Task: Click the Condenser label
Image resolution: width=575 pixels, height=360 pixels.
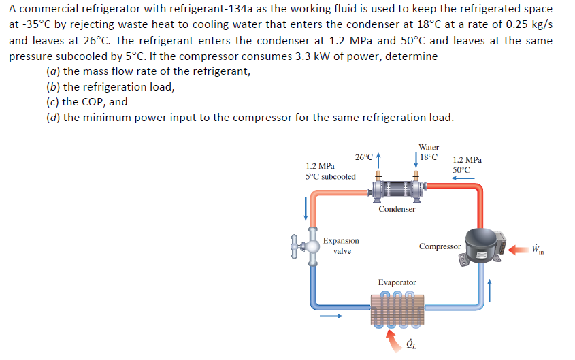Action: [397, 209]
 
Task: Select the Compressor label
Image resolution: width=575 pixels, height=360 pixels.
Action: [439, 246]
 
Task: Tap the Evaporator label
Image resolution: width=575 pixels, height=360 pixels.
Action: [397, 282]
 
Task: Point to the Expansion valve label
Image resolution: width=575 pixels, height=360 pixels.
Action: [341, 246]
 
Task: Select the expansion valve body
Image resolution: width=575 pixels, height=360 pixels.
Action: [310, 247]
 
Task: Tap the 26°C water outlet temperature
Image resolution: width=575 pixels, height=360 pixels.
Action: [365, 157]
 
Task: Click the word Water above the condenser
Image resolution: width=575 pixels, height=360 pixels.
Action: [429, 146]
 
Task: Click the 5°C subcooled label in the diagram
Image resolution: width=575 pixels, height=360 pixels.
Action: [330, 176]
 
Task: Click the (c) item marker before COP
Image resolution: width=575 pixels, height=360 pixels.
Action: [52, 102]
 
